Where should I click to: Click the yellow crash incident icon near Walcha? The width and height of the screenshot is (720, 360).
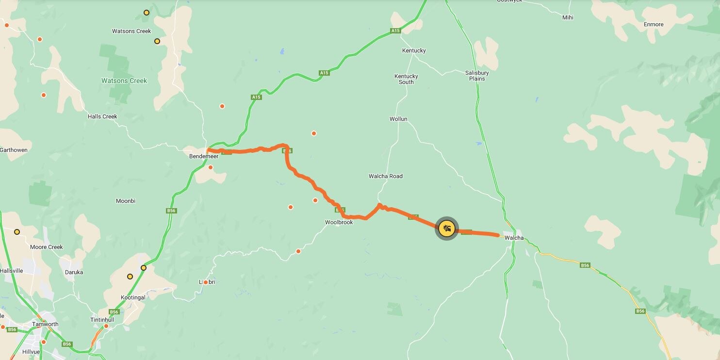point(446,228)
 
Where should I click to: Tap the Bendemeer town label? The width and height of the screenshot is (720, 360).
point(204,157)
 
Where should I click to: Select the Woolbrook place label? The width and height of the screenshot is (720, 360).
point(339,222)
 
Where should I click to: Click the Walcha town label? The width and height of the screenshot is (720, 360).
point(514,238)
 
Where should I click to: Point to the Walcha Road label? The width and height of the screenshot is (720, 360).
point(386,176)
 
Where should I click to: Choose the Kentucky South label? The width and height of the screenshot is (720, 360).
point(406,79)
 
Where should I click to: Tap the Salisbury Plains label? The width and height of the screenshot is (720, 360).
point(477,76)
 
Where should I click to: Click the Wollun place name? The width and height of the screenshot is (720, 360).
point(398,119)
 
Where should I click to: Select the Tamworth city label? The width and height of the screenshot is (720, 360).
point(45,324)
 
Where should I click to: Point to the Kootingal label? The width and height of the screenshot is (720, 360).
point(133,297)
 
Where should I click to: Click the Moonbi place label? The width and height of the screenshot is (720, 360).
point(126,201)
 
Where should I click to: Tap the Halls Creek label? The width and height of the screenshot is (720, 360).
point(102,116)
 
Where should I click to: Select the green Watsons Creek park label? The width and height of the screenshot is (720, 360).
point(124,81)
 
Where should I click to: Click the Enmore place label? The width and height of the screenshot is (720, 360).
point(654,24)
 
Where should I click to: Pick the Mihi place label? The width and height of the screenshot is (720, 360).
point(568,17)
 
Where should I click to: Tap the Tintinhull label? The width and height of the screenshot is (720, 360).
point(102,320)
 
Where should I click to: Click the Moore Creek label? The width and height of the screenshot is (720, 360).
point(47,247)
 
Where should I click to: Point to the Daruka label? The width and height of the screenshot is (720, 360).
point(74,272)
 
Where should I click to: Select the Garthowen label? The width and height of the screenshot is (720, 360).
point(14,150)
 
